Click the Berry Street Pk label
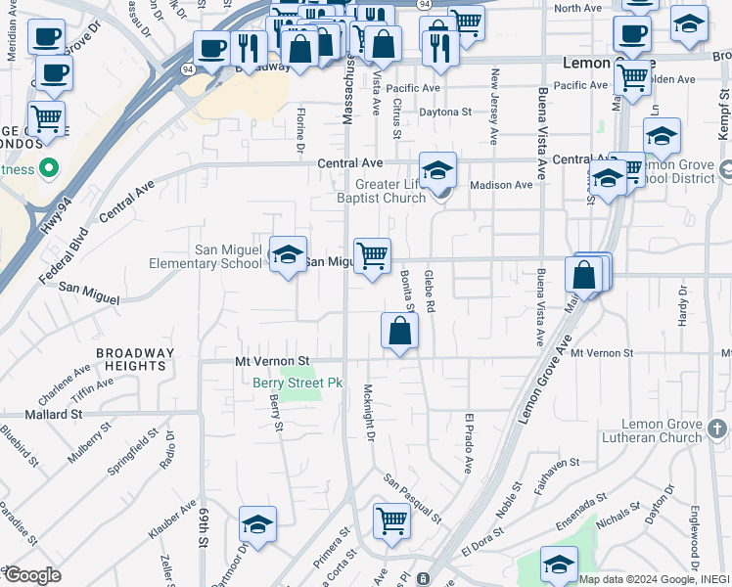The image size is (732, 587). click(x=297, y=383)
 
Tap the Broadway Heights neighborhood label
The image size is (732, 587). click(x=130, y=359)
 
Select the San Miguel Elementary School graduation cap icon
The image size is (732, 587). click(x=288, y=254)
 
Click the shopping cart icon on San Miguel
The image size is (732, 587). click(x=372, y=256)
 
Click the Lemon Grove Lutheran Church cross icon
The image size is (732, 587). click(x=717, y=429)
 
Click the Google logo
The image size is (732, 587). click(x=31, y=575)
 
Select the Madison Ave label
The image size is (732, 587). click(x=501, y=185)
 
